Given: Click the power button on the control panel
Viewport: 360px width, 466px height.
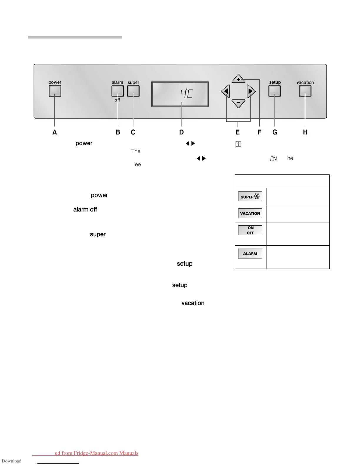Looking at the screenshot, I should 55,91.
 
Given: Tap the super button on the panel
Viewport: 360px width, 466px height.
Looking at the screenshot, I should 133,91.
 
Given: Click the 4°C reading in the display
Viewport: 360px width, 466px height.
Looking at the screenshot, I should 186,94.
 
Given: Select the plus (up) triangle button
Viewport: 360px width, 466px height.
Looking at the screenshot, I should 238,79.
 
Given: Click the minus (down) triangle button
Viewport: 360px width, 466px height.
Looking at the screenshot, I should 238,103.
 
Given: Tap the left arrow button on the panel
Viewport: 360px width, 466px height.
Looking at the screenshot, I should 226,91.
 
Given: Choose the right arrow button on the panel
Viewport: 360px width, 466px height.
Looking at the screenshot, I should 251,91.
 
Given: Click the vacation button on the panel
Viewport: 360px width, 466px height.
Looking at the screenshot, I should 305,91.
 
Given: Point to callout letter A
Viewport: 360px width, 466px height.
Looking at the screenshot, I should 55,132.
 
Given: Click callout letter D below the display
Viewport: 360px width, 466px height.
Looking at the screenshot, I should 181,132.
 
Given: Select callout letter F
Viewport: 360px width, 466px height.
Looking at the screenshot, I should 259,132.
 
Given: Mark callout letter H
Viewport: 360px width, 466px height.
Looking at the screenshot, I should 305,132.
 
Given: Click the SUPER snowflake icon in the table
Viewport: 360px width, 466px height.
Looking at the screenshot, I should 250,197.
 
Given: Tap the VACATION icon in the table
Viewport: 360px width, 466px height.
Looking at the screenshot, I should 250,213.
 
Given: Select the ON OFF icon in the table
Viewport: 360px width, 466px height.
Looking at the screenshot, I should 250,230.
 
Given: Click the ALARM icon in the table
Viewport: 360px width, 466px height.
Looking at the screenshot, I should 250,254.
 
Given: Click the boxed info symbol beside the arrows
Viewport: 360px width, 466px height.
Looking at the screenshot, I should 238,144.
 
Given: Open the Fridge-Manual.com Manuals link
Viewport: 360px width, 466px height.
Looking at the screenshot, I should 96,453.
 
